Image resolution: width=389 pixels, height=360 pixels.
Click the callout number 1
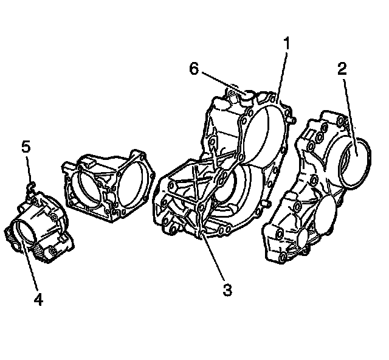click(x=286, y=44)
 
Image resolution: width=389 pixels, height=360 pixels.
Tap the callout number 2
click(x=342, y=69)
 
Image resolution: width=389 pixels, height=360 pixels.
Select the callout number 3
click(x=227, y=289)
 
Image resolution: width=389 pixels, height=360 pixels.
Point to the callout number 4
click(x=38, y=300)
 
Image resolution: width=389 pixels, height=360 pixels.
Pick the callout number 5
click(x=25, y=148)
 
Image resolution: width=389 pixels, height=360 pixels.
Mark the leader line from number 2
click(x=348, y=109)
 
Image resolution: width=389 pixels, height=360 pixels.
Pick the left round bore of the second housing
click(x=91, y=185)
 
